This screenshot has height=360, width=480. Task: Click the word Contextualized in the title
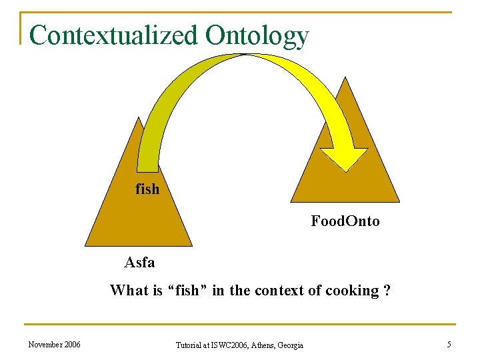coord(113,35)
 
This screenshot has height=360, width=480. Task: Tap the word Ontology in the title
coord(257,36)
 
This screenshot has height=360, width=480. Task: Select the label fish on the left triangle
coord(147,189)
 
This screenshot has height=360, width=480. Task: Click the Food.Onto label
coord(345,221)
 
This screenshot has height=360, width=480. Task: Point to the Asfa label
coord(139,263)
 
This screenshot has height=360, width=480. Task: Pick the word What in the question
coord(126,291)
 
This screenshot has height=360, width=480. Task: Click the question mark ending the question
coord(387,291)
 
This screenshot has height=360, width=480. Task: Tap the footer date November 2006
coord(55,344)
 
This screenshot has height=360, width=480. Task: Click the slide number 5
coord(449,344)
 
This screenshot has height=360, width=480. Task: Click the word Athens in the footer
coord(260,345)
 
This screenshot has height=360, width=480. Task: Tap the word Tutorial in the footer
coord(190,345)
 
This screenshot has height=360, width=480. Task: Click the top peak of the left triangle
coord(139,119)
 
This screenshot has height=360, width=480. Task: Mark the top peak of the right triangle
coord(345,77)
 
